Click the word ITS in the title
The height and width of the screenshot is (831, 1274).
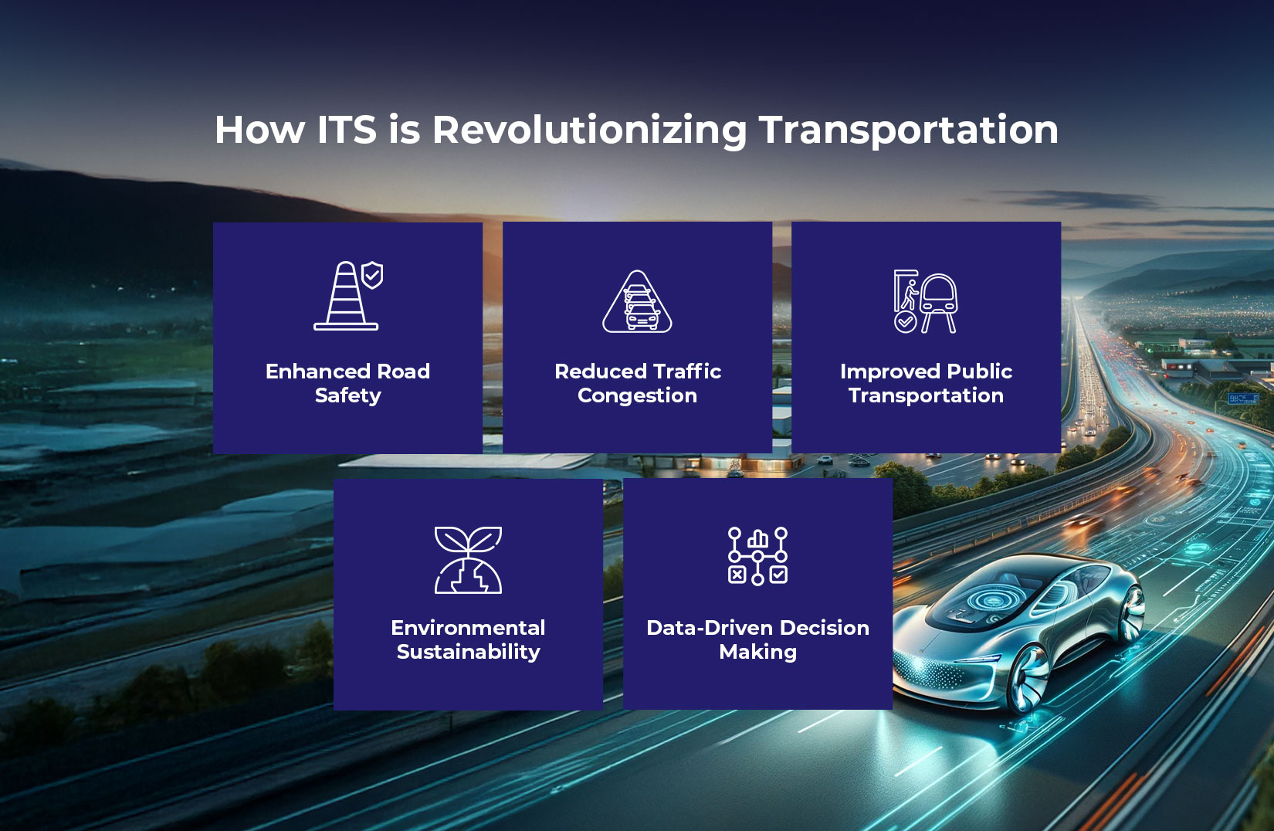pos(347,130)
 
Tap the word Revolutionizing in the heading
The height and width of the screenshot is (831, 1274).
pos(589,131)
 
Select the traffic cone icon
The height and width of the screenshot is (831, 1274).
pos(346,296)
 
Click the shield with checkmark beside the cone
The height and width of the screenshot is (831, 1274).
pos(372,275)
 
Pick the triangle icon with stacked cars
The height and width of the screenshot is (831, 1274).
pos(637,301)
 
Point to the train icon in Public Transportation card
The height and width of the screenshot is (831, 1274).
pos(938,303)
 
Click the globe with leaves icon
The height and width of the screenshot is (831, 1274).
pos(468,560)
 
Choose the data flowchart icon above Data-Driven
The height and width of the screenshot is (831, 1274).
pos(757,556)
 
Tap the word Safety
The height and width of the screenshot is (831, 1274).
pos(348,396)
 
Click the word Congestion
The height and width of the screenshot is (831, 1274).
pos(637,396)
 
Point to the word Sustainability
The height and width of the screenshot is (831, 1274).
pos(468,652)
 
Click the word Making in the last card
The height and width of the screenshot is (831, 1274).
pos(757,652)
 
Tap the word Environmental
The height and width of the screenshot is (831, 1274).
pos(468,628)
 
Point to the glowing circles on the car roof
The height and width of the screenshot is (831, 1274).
pos(993,600)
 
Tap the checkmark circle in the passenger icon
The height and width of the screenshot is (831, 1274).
pos(905,322)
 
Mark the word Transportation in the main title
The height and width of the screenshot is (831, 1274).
pos(908,131)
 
